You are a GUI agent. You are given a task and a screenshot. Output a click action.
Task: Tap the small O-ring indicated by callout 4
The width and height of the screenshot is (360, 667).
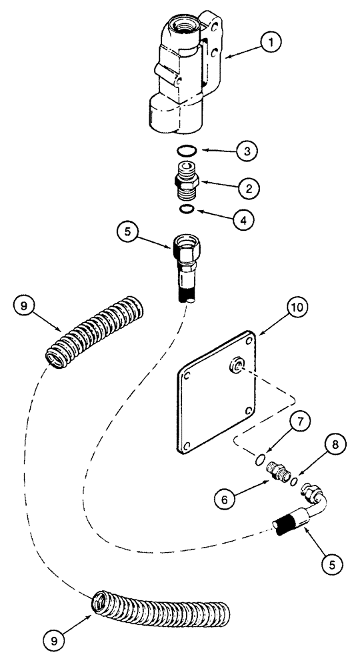coord(189,211)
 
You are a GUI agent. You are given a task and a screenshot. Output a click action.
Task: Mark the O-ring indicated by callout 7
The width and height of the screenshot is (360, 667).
coord(262,460)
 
